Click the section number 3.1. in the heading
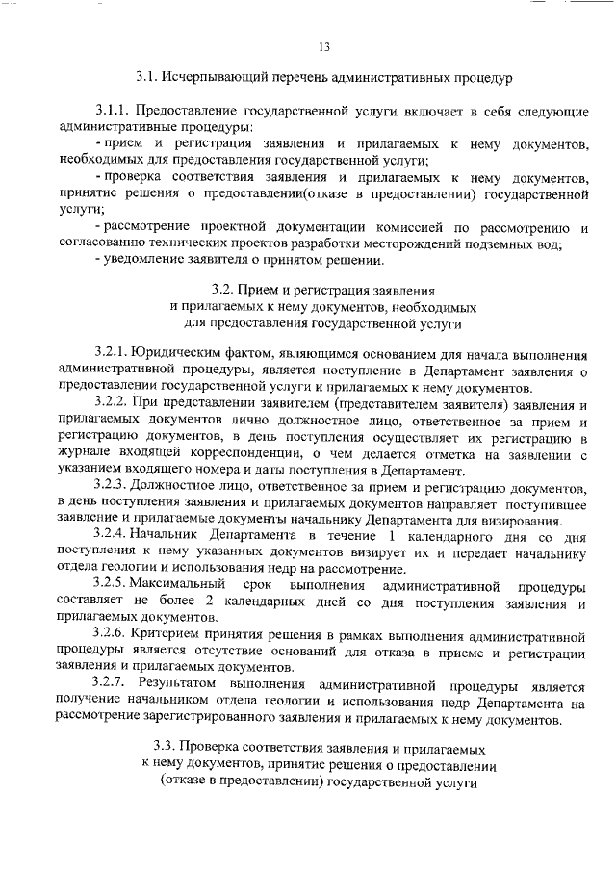(146, 75)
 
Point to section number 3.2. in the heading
(223, 289)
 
